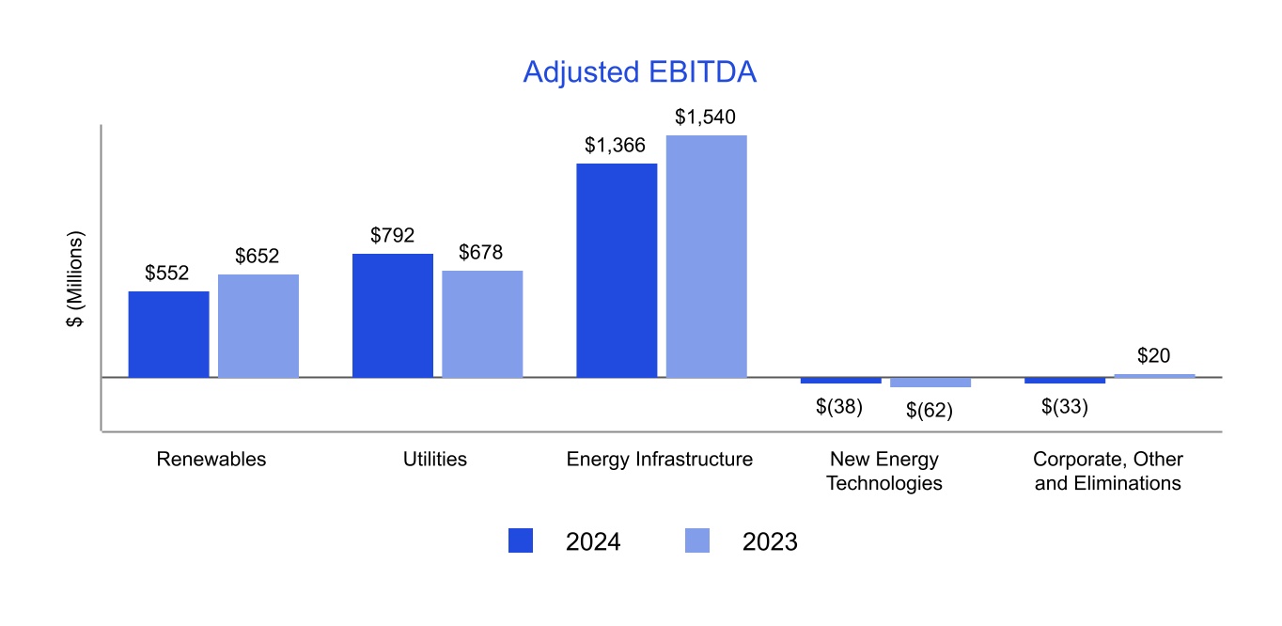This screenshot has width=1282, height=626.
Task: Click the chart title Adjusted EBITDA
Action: [x=639, y=72]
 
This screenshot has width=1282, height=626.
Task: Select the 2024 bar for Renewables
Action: [x=168, y=335]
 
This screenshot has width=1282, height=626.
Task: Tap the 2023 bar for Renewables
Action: [x=258, y=326]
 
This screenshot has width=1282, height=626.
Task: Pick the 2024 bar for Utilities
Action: [x=393, y=316]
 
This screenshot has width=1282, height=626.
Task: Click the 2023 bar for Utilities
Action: [x=482, y=324]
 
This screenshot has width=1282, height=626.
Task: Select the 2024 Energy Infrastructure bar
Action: [x=617, y=271]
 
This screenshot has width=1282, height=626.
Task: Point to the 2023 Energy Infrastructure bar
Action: [x=707, y=257]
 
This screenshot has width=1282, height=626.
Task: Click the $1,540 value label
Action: [x=705, y=117]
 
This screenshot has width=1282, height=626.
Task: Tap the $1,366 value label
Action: [x=615, y=146]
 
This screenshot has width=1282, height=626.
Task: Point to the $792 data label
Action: [x=392, y=236]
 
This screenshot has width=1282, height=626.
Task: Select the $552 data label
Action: [x=167, y=274]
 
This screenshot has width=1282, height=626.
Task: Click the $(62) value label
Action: [x=929, y=410]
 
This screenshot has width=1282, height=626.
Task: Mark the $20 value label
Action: [x=1154, y=356]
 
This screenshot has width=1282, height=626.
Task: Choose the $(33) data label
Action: [x=1065, y=407]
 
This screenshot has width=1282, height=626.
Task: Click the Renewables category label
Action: [x=211, y=460]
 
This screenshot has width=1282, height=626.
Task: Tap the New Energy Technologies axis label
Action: [x=884, y=471]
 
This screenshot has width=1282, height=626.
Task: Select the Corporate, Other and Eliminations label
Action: [x=1108, y=471]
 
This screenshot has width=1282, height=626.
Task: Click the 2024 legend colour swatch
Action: [x=521, y=540]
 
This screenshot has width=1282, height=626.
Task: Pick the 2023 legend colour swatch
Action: [x=697, y=540]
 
